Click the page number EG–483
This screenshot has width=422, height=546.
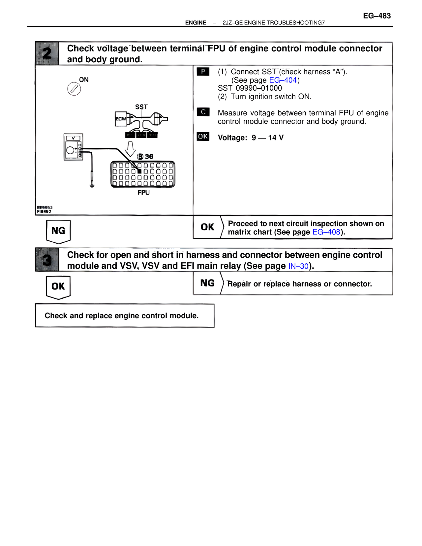point(377,16)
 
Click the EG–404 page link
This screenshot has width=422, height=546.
point(283,80)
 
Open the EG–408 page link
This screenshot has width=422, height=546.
point(326,232)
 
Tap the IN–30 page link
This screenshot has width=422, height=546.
point(298,266)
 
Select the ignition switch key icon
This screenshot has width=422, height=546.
point(74,89)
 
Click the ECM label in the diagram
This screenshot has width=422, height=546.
point(121,119)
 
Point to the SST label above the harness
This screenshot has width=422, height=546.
point(141,107)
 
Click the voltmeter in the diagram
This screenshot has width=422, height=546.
point(73,147)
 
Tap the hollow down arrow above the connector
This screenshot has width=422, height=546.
point(130,149)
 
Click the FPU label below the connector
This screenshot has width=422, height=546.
point(143,193)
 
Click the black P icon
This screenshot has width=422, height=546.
point(203,72)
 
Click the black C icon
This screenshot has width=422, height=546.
point(203,112)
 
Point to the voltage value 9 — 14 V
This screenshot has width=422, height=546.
point(267,138)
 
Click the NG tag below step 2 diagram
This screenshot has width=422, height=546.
point(58,231)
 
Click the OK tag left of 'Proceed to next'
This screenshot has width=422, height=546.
point(207,227)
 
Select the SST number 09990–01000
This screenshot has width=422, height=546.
point(259,88)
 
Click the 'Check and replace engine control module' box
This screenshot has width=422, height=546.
point(125,316)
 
